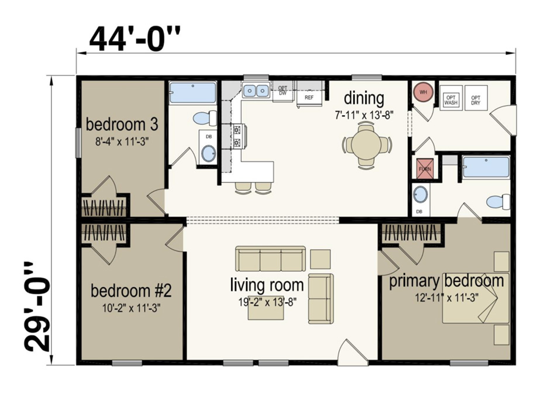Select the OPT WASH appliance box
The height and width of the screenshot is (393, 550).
451,99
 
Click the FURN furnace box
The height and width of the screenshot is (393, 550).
424,168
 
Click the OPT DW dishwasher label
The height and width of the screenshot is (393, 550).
283,90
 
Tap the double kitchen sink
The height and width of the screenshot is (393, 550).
256,91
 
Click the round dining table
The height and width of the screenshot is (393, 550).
366,144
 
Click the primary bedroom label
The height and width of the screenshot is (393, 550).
446,281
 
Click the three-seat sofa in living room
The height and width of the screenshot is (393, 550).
270,258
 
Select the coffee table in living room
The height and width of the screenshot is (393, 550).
266,311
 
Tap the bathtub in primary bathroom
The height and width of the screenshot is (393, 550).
486,167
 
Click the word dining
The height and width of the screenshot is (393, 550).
363,98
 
